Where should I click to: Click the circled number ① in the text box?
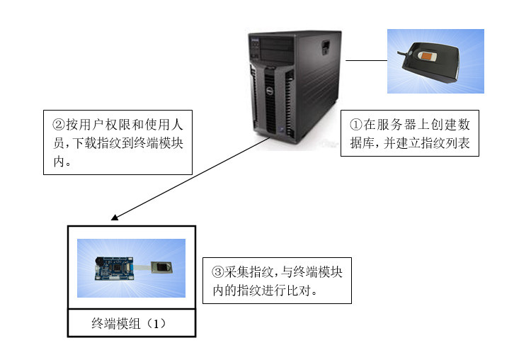click(356, 124)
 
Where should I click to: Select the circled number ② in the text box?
click(59, 123)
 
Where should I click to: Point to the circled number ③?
click(218, 272)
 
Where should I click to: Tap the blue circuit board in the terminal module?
click(113, 267)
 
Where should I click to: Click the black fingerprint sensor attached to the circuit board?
click(161, 266)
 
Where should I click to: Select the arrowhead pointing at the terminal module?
click(115, 218)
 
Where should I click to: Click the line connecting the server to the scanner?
click(366, 61)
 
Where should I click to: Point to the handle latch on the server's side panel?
click(325, 47)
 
